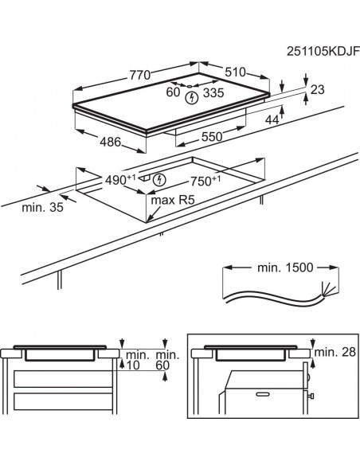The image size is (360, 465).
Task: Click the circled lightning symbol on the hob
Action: tap(190, 98)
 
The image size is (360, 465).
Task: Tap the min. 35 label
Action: tap(43, 207)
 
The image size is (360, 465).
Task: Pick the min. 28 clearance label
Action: tap(335, 351)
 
